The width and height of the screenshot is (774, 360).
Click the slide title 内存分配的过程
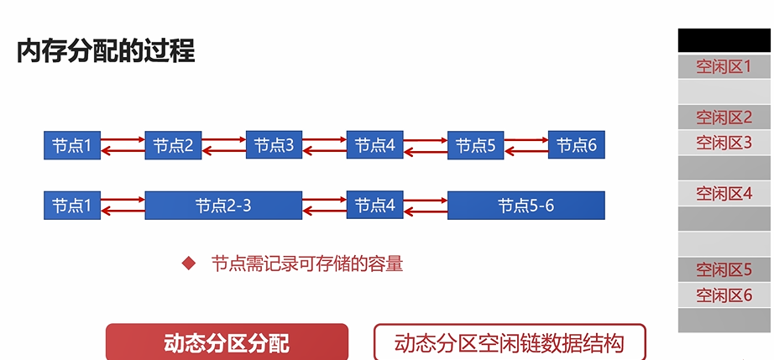(106, 52)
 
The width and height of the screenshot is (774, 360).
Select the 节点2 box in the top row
(173, 145)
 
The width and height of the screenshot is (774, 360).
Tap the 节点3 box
(274, 145)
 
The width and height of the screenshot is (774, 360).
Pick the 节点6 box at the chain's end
(576, 145)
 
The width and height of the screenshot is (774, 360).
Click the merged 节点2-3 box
(222, 206)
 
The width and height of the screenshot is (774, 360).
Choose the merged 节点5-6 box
(526, 206)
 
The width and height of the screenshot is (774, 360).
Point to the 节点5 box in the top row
(475, 145)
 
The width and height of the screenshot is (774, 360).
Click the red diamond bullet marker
(189, 264)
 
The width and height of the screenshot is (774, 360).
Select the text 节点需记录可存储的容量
(307, 264)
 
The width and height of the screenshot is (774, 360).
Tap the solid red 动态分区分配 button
(227, 342)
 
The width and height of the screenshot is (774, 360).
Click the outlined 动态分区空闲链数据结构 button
(510, 342)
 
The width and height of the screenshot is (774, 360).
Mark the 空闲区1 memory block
(724, 66)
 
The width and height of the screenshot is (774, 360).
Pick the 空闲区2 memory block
(724, 117)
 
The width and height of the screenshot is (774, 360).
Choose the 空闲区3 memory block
(724, 143)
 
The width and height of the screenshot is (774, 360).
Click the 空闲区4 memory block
(724, 194)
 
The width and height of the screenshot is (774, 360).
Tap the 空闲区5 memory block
(724, 270)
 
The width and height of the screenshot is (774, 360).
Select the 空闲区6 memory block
(724, 295)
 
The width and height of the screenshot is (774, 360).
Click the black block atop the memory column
(724, 40)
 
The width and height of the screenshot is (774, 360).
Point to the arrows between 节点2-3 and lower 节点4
(324, 206)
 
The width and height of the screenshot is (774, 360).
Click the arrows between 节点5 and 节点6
(526, 145)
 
